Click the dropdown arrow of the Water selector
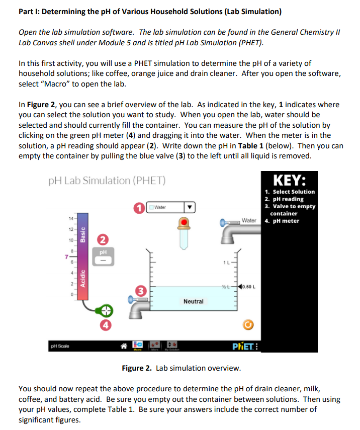point(190,207)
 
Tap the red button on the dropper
point(185,222)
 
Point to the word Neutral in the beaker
point(194,301)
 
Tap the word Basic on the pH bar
point(83,235)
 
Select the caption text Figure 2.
point(137,368)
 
